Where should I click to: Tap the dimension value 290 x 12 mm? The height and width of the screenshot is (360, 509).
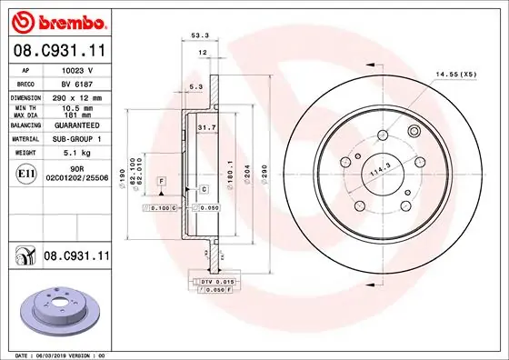pos(78,95)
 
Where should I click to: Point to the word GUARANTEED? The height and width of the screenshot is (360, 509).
pos(78,126)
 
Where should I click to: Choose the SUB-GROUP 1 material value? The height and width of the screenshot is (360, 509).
pos(78,139)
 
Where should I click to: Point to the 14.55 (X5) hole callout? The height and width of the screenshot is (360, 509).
pos(455,73)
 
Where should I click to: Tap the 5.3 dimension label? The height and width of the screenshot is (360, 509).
pos(195,87)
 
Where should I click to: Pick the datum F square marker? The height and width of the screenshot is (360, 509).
pos(161,183)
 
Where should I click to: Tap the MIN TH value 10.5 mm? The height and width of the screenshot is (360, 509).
pos(78,108)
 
